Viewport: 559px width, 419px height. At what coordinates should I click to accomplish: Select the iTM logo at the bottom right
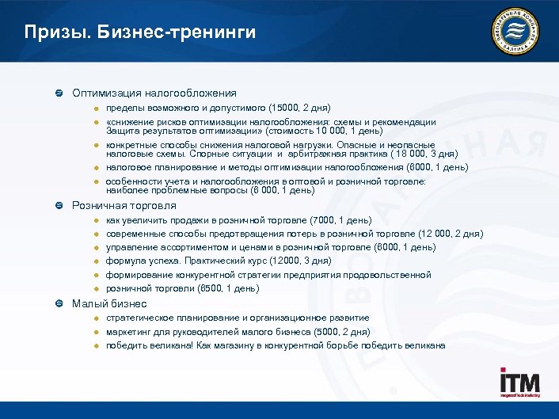(x=519, y=382)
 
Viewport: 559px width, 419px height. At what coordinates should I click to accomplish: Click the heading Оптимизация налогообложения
(x=154, y=93)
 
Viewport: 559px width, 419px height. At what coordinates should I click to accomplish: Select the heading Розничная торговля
(x=124, y=205)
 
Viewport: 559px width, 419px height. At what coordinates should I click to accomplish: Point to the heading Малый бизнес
(x=109, y=303)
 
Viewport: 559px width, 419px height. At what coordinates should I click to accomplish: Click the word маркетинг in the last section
(x=131, y=331)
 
